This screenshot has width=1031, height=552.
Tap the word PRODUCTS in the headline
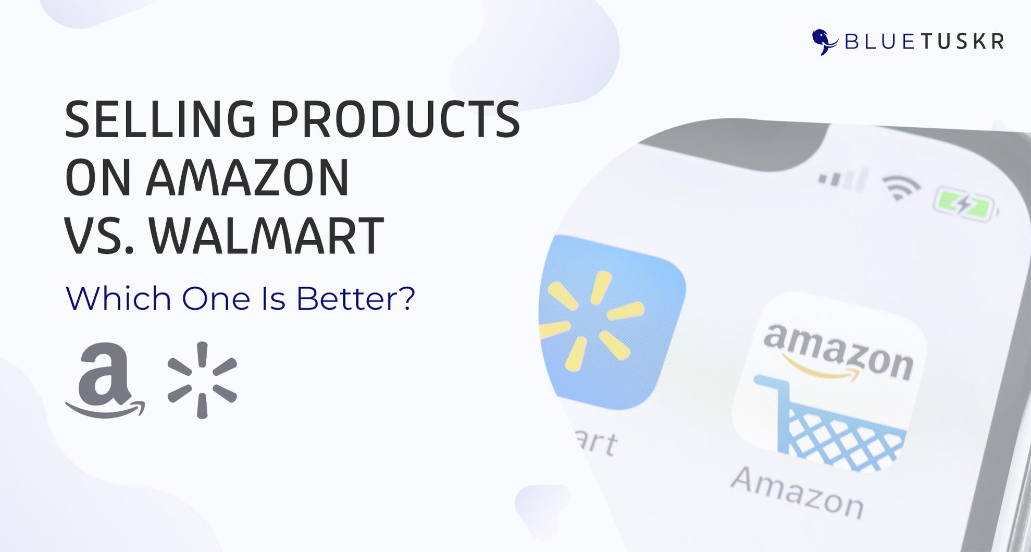(395, 119)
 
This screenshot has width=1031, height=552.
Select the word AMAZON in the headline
(247, 178)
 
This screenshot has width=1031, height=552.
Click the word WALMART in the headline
(267, 236)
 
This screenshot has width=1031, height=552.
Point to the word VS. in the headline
(100, 236)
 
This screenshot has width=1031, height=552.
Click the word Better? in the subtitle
(356, 299)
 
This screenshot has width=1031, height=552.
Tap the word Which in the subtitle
(118, 298)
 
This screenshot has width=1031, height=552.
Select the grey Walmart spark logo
(202, 380)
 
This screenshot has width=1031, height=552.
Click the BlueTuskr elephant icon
(824, 42)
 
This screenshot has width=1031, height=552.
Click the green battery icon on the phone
(965, 205)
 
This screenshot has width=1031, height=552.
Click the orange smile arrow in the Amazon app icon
(819, 369)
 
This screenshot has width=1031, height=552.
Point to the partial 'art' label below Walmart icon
(598, 443)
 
